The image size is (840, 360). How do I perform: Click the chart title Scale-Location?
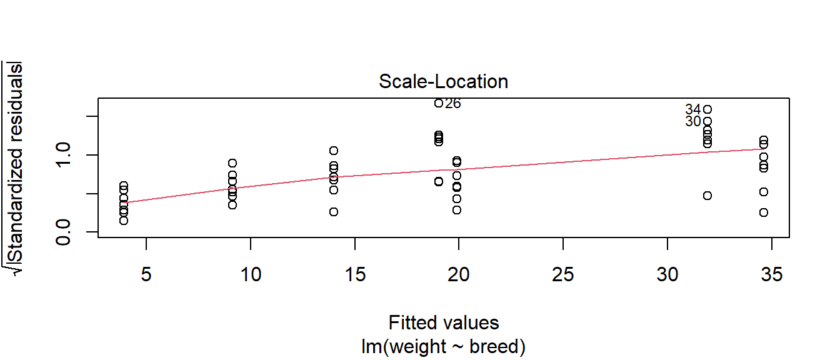[443, 82]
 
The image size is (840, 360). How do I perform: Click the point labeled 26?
[439, 103]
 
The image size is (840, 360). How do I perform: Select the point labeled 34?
[707, 109]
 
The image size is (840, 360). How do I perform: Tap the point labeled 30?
[707, 121]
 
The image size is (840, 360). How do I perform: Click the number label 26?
[452, 104]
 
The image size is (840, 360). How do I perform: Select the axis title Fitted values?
[444, 322]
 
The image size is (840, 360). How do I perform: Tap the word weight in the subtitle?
[426, 346]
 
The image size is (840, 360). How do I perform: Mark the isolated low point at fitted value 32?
[707, 196]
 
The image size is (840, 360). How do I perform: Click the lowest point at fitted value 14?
[334, 212]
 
